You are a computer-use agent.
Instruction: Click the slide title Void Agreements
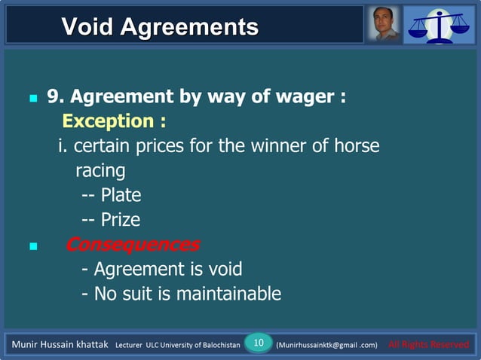tap(159, 27)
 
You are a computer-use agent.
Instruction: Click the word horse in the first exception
tap(355, 146)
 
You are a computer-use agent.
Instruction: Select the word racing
tap(100, 170)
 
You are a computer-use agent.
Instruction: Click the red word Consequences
tap(133, 245)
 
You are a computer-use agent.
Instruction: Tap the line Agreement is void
tap(162, 269)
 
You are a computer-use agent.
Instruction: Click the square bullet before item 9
tap(32, 99)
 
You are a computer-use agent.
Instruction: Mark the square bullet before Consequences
tap(32, 246)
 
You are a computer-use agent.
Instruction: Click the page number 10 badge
tap(258, 343)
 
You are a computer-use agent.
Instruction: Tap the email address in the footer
tap(326, 345)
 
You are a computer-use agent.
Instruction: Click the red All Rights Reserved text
tap(427, 345)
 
